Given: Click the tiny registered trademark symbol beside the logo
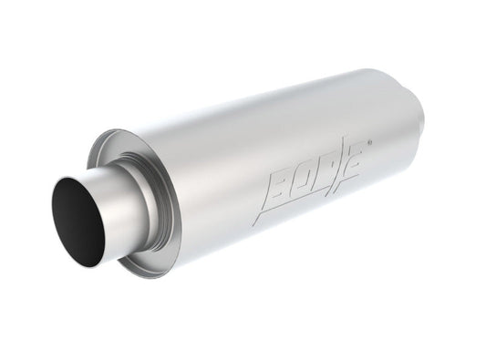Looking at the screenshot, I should [x=368, y=144].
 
